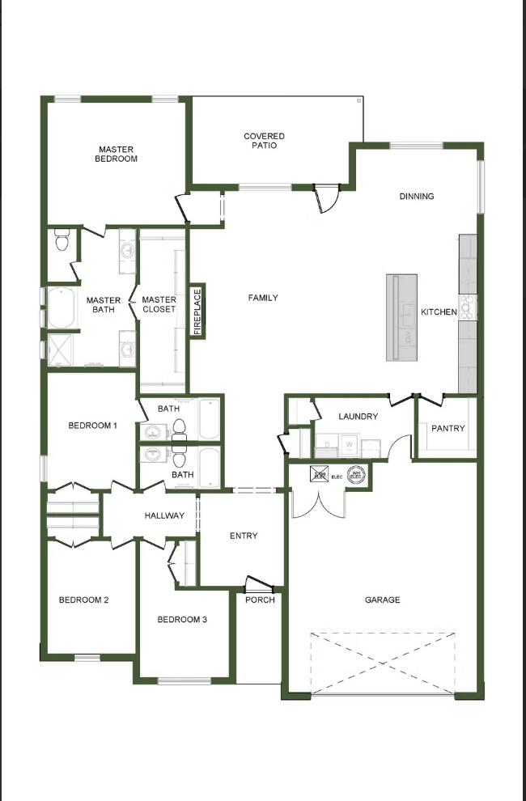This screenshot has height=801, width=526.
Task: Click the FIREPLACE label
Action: (x=197, y=311)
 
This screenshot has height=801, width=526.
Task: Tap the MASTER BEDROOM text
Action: (x=117, y=154)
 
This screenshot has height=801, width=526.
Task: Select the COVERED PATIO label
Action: (x=264, y=141)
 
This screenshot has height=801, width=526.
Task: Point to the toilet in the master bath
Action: (x=62, y=239)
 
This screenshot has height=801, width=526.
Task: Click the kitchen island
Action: (x=401, y=317)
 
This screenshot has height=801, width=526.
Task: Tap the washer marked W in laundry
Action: (x=350, y=444)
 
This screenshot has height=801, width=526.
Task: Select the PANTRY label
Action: (x=448, y=428)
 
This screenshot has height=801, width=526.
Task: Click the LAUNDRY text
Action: (x=358, y=417)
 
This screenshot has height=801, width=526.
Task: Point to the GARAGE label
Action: (x=382, y=600)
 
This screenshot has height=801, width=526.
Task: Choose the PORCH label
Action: (x=260, y=600)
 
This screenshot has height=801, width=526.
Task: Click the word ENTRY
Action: (x=244, y=536)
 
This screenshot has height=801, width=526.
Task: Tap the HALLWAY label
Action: (x=164, y=515)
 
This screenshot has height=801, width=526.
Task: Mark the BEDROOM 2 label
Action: (x=83, y=600)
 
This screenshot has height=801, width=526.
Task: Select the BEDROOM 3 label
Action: (x=182, y=619)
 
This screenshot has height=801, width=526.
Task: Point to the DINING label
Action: (x=417, y=196)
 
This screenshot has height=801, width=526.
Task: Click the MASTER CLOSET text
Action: (x=159, y=304)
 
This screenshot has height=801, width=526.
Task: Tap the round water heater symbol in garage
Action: (x=355, y=475)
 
